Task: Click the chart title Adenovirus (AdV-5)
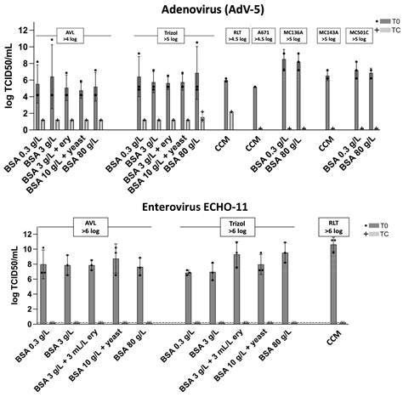coord(201,8)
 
